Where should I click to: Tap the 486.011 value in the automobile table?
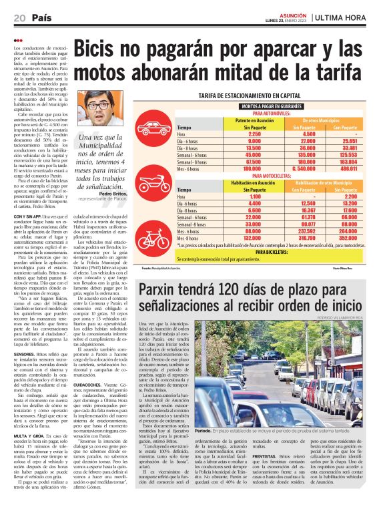click(x=362, y=169)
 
